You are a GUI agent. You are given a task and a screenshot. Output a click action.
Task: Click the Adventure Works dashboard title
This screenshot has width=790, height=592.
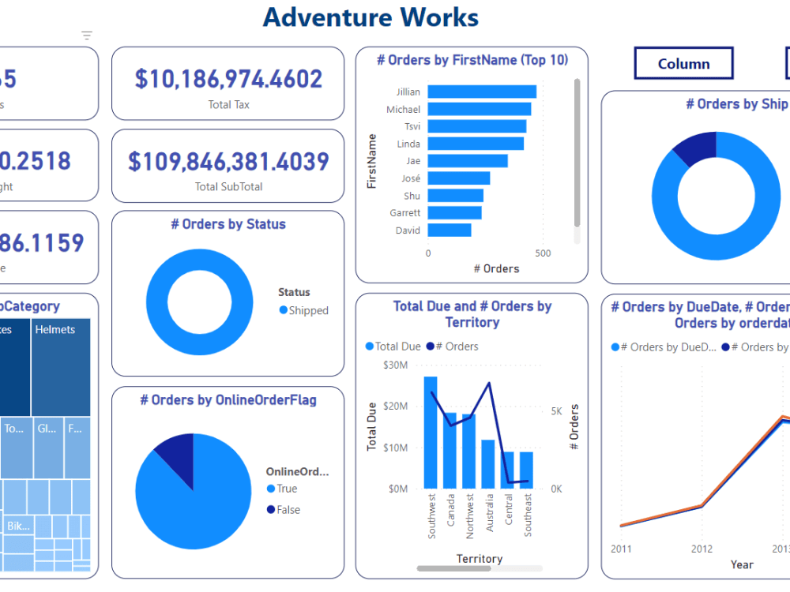(371, 17)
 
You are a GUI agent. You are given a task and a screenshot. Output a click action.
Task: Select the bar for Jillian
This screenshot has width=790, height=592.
(482, 92)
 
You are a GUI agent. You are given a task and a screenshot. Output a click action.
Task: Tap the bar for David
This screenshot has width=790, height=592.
(450, 230)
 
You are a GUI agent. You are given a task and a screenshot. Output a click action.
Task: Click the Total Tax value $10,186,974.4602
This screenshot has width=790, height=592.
(228, 79)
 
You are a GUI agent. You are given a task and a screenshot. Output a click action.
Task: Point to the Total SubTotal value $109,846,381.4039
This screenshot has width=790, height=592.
(228, 161)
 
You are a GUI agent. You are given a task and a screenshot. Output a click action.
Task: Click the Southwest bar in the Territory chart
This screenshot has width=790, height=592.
(431, 432)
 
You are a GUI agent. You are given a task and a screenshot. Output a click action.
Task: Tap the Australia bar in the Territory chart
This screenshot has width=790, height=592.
(488, 463)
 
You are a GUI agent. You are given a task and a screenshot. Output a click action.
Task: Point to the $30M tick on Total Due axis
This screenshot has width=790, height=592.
(395, 365)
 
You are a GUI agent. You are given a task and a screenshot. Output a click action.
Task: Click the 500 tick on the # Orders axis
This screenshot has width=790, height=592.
(542, 253)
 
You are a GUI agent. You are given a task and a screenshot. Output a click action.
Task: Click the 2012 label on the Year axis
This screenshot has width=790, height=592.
(702, 549)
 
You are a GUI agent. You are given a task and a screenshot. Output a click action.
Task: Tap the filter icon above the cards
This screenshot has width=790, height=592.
(87, 36)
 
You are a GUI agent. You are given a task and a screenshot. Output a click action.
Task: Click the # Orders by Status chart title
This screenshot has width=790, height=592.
(228, 224)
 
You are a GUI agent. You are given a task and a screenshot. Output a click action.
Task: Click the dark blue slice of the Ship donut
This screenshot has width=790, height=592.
(696, 148)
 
